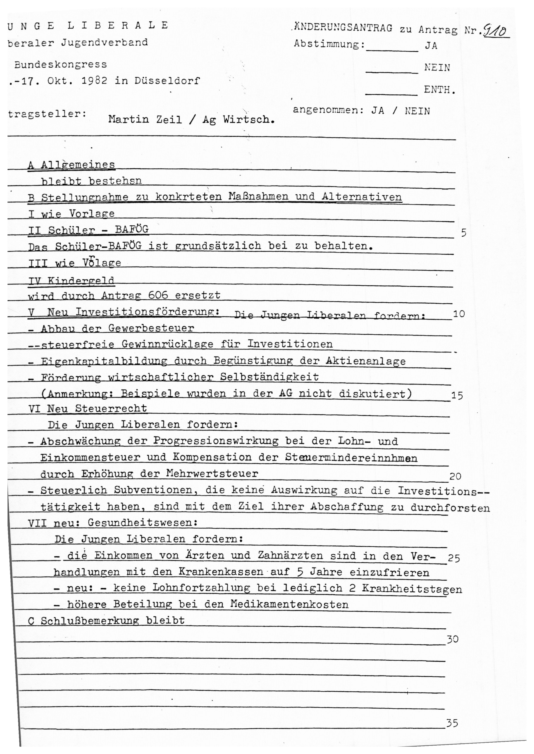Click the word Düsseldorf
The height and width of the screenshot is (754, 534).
pyautogui.click(x=167, y=80)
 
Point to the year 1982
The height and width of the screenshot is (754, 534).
pyautogui.click(x=94, y=80)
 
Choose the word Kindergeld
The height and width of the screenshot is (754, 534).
pyautogui.click(x=81, y=281)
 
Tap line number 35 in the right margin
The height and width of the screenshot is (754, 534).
pyautogui.click(x=452, y=723)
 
